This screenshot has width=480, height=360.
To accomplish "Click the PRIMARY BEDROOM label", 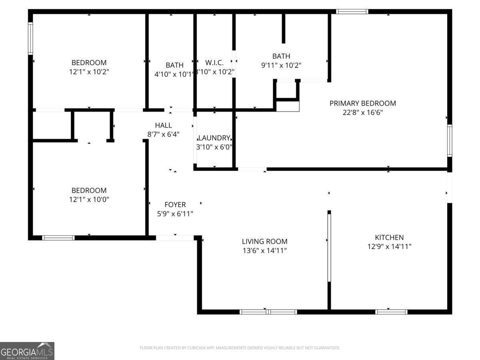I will pos(362,103).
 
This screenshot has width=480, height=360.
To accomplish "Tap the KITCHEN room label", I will pos(389,237).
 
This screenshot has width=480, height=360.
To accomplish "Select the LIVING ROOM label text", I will pos(264,241).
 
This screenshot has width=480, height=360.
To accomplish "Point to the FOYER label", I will pos(175,204).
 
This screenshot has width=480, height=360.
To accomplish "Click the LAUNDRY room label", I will pos(214,138).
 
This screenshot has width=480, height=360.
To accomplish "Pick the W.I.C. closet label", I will pos(214,63).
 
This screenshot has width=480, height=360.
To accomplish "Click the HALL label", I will pos(163,125).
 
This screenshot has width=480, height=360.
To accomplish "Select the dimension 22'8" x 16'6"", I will pos(362,112).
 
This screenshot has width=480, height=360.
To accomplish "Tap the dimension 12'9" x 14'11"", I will pos(389,246).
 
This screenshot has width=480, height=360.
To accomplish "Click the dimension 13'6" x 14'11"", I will pos(264,250).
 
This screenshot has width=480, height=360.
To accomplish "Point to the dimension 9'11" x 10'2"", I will pos(281,65).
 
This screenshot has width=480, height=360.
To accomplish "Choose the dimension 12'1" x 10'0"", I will pos(89,200).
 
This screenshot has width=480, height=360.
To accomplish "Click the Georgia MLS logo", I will pos(27,351).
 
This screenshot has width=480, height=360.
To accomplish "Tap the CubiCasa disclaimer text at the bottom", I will pos(240,348).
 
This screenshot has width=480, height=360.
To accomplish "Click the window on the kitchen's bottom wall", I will pos(391,312).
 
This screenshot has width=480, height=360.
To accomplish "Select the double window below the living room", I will pos(268,312).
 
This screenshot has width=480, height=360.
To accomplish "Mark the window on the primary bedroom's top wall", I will pos(352,12).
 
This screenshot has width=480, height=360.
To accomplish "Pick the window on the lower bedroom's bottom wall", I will pos(58,238).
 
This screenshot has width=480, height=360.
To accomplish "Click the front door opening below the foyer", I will pos(175,238).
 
